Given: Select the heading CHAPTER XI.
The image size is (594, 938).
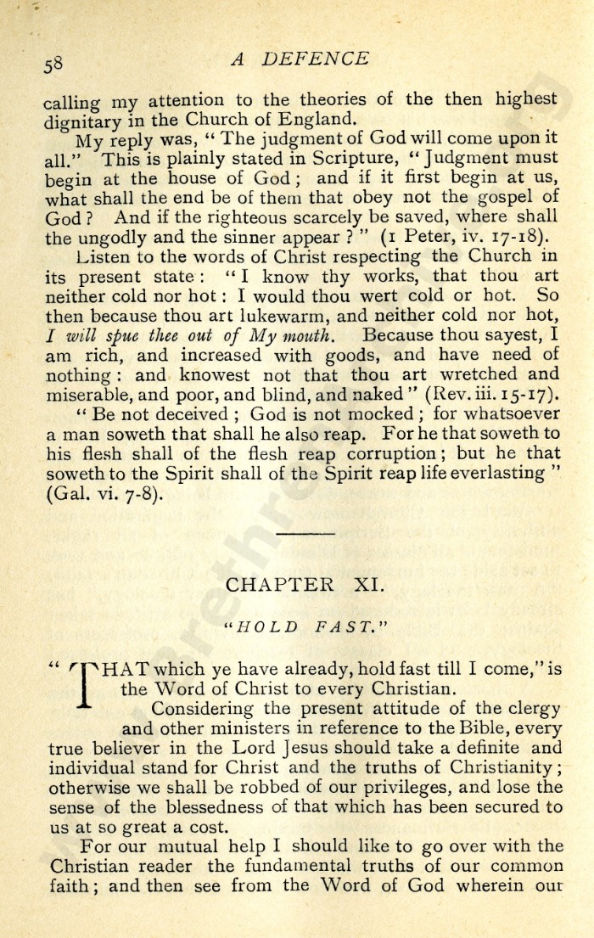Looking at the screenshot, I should pyautogui.click(x=296, y=586).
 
